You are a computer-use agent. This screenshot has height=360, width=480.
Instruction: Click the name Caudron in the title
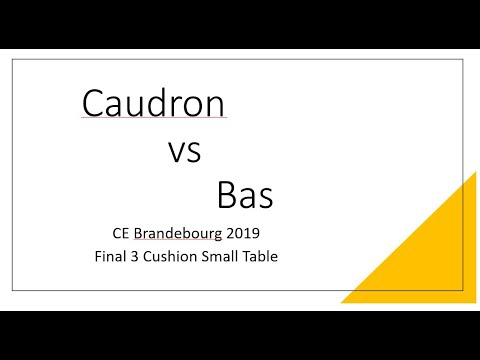click(153, 104)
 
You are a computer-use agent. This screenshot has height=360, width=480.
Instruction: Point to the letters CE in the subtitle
click(122, 234)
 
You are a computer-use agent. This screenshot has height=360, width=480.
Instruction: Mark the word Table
click(258, 256)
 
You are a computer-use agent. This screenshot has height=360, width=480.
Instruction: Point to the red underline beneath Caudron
click(153, 120)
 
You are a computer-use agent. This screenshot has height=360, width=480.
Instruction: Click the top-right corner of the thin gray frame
click(462, 59)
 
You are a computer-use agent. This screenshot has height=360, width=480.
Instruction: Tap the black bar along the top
click(240, 22)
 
